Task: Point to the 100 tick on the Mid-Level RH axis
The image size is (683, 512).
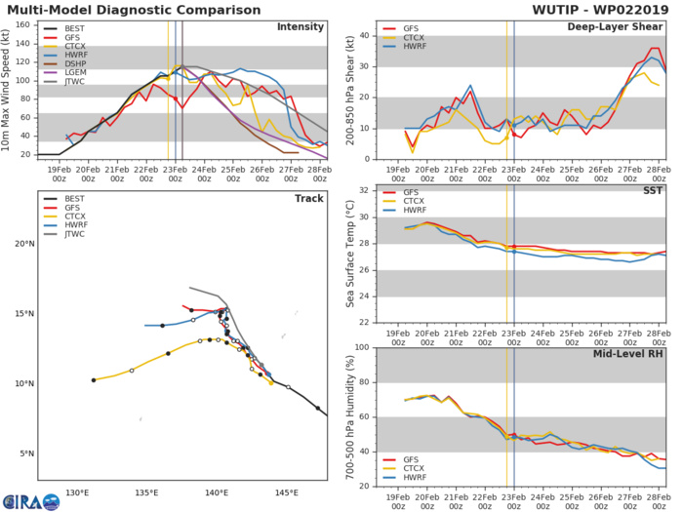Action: point(358,347)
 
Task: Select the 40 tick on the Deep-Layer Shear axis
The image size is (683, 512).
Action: point(361,36)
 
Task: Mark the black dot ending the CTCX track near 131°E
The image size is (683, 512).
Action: point(94,379)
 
